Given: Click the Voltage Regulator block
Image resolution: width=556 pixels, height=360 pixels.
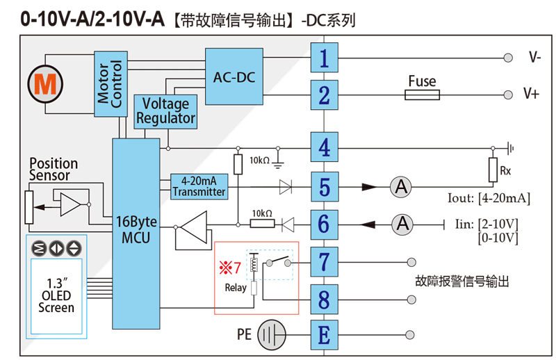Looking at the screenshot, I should pyautogui.click(x=165, y=111).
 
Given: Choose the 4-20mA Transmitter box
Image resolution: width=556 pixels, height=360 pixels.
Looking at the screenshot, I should pyautogui.click(x=199, y=187).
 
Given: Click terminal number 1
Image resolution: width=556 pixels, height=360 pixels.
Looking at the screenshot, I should pyautogui.click(x=324, y=58).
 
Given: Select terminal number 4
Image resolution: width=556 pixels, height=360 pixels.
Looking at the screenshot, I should pyautogui.click(x=324, y=149).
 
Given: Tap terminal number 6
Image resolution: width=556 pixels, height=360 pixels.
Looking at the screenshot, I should pyautogui.click(x=324, y=224).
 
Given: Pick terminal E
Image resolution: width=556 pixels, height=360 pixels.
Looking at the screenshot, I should pyautogui.click(x=324, y=336).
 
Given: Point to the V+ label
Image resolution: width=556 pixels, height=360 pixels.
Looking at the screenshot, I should pyautogui.click(x=531, y=95).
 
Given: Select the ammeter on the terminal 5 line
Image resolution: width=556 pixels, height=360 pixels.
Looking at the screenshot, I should pyautogui.click(x=400, y=186).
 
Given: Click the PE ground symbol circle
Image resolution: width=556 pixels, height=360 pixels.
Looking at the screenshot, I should pyautogui.click(x=272, y=336).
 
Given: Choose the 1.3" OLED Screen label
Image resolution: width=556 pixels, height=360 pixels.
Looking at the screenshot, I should pyautogui.click(x=56, y=295).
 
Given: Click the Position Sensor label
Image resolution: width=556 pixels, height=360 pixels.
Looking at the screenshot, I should pyautogui.click(x=54, y=169).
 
